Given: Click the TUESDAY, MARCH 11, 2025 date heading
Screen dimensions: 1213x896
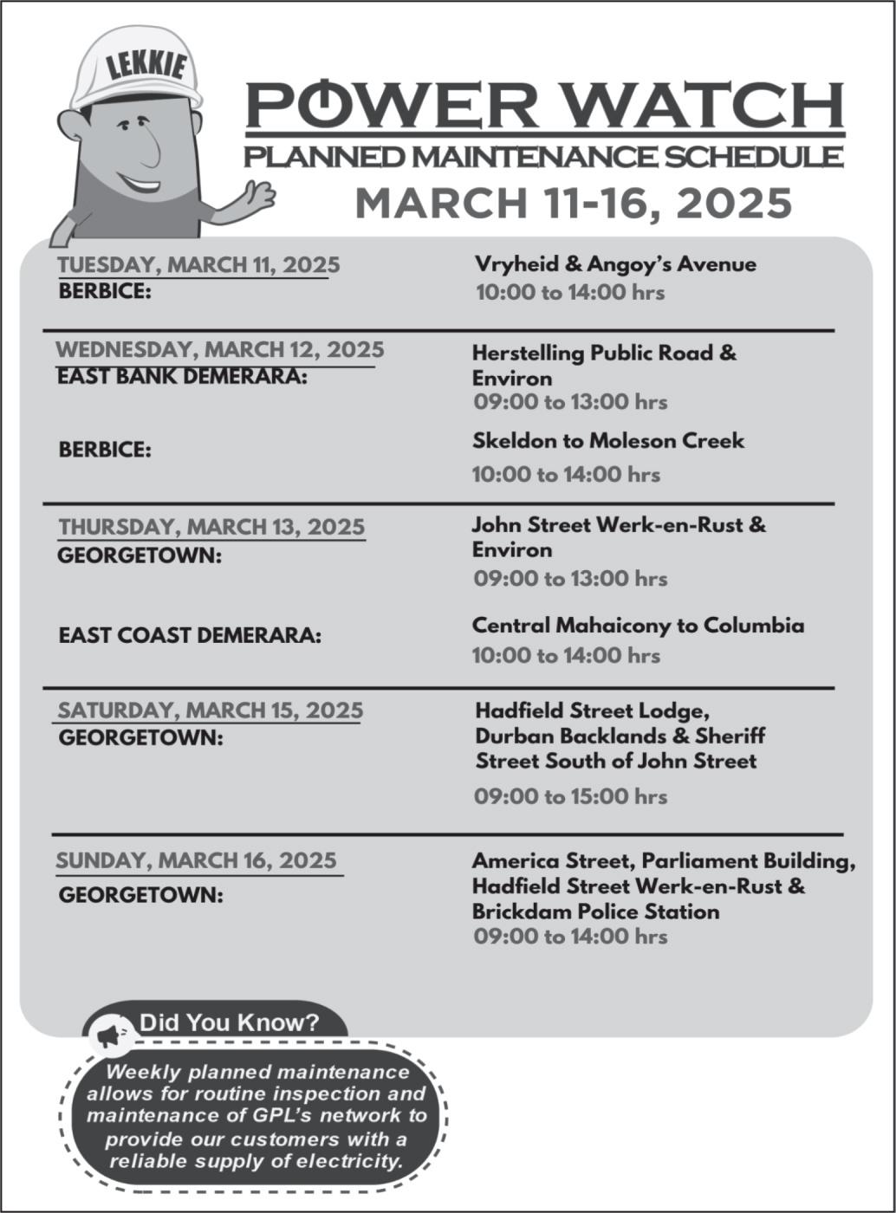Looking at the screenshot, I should (198, 264).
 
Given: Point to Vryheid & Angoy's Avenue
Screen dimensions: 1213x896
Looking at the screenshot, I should (615, 264).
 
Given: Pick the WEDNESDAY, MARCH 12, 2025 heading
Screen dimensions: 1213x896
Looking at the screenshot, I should (219, 350).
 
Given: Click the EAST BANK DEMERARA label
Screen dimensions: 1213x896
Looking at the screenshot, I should (182, 377).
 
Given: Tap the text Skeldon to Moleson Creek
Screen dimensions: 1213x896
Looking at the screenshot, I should (607, 441).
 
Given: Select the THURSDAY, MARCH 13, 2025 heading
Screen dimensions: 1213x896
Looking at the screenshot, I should (211, 527).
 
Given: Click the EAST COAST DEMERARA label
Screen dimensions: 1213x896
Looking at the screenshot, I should (190, 635).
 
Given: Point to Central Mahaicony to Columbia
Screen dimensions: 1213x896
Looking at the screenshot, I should (638, 626).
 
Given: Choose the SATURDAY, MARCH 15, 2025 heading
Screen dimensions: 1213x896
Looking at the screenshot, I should (210, 710).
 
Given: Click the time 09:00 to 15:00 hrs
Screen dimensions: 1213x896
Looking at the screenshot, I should (570, 796).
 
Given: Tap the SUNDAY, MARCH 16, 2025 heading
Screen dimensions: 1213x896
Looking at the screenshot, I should (197, 860).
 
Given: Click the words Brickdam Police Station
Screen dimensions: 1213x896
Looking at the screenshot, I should (595, 911).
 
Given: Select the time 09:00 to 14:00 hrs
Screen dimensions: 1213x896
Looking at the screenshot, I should (570, 937).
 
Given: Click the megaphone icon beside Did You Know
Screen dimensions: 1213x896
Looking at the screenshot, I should (109, 1034).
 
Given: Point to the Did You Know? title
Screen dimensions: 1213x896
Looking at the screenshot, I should (229, 1022).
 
